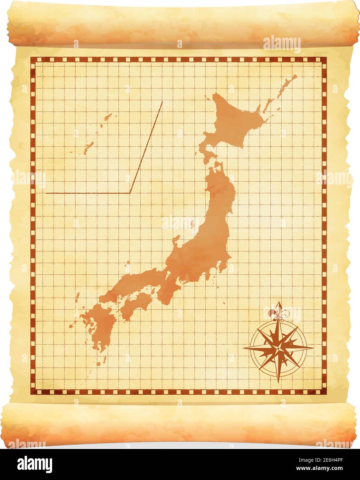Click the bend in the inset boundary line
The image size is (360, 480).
click(130, 193)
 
